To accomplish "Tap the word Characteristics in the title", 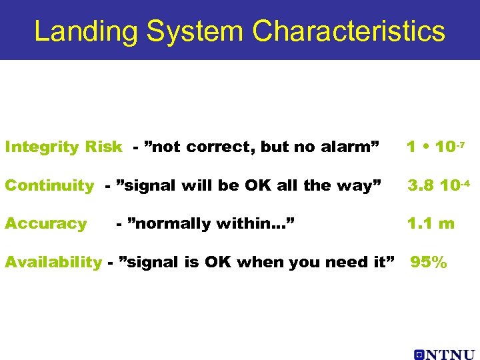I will coord(349,31).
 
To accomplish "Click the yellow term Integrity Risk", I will coord(63,147).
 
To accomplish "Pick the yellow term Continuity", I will coord(49,186).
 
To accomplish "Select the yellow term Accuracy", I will coord(45,224).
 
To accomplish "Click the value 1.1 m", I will coord(431,224).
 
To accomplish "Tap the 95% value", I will coord(428,263).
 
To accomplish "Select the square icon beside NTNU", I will coord(419,354).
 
